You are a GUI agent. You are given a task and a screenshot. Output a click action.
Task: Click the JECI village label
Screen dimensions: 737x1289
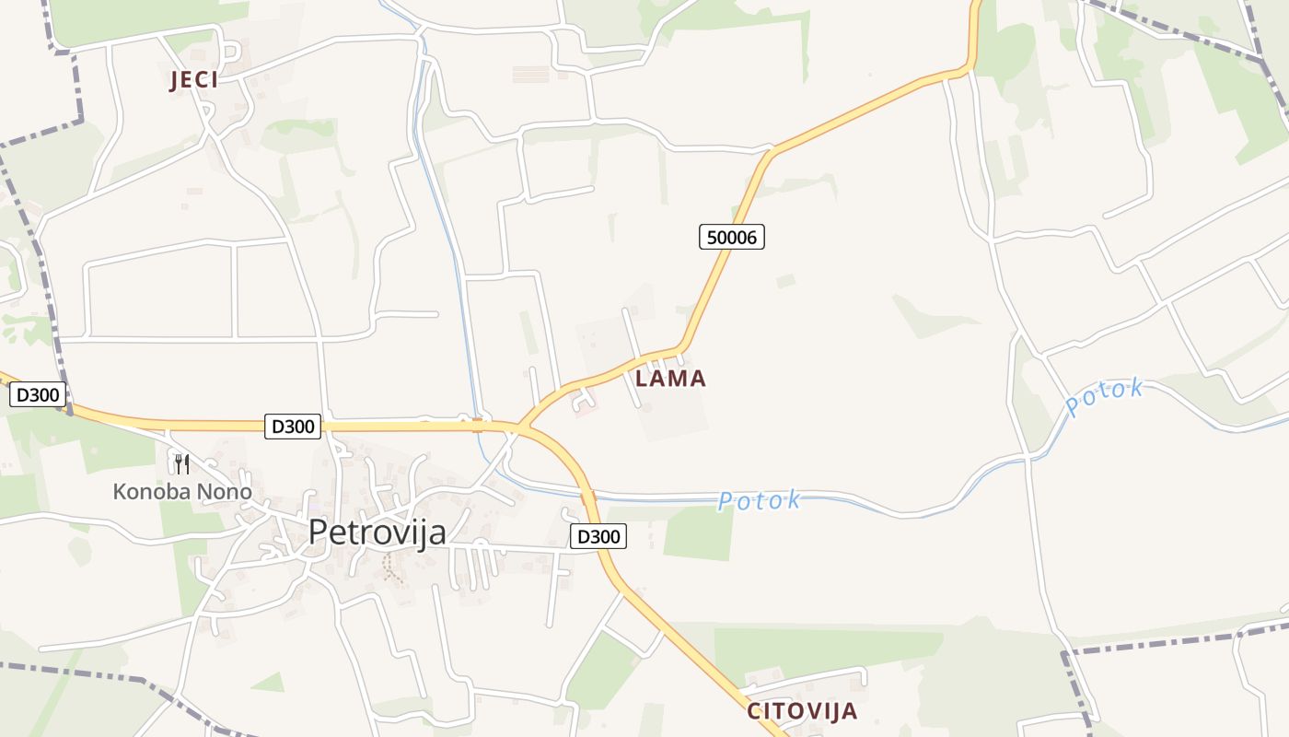(x=194, y=80)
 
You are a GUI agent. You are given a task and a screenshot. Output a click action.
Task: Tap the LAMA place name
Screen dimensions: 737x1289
(x=670, y=379)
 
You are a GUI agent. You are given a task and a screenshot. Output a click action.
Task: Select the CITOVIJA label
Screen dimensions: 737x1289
(x=802, y=711)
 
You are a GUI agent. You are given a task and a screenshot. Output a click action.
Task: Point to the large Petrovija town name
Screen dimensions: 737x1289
(x=377, y=532)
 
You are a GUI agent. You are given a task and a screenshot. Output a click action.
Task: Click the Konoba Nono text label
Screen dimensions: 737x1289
(x=182, y=492)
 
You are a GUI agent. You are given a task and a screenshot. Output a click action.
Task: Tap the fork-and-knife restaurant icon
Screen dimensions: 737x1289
(x=182, y=463)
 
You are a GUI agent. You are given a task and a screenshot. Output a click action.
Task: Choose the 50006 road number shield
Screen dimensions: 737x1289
(x=731, y=237)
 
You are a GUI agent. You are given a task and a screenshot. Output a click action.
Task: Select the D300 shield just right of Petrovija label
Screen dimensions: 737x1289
(x=598, y=536)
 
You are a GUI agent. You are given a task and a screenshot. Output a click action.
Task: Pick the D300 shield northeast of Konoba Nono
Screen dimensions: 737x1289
(x=293, y=426)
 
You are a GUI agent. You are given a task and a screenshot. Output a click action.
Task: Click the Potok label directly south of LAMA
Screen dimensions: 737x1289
(x=760, y=501)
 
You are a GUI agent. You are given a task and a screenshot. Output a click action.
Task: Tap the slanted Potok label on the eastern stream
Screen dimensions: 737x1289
(x=1105, y=396)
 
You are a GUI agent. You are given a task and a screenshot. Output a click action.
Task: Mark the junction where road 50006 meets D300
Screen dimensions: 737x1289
(x=522, y=427)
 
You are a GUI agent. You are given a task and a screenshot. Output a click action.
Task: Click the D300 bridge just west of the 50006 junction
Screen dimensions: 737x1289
(x=477, y=425)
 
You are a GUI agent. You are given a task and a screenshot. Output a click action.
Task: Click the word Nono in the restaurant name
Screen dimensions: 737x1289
(x=222, y=492)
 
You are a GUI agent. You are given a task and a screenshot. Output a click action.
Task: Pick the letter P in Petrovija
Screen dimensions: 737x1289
(x=318, y=532)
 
